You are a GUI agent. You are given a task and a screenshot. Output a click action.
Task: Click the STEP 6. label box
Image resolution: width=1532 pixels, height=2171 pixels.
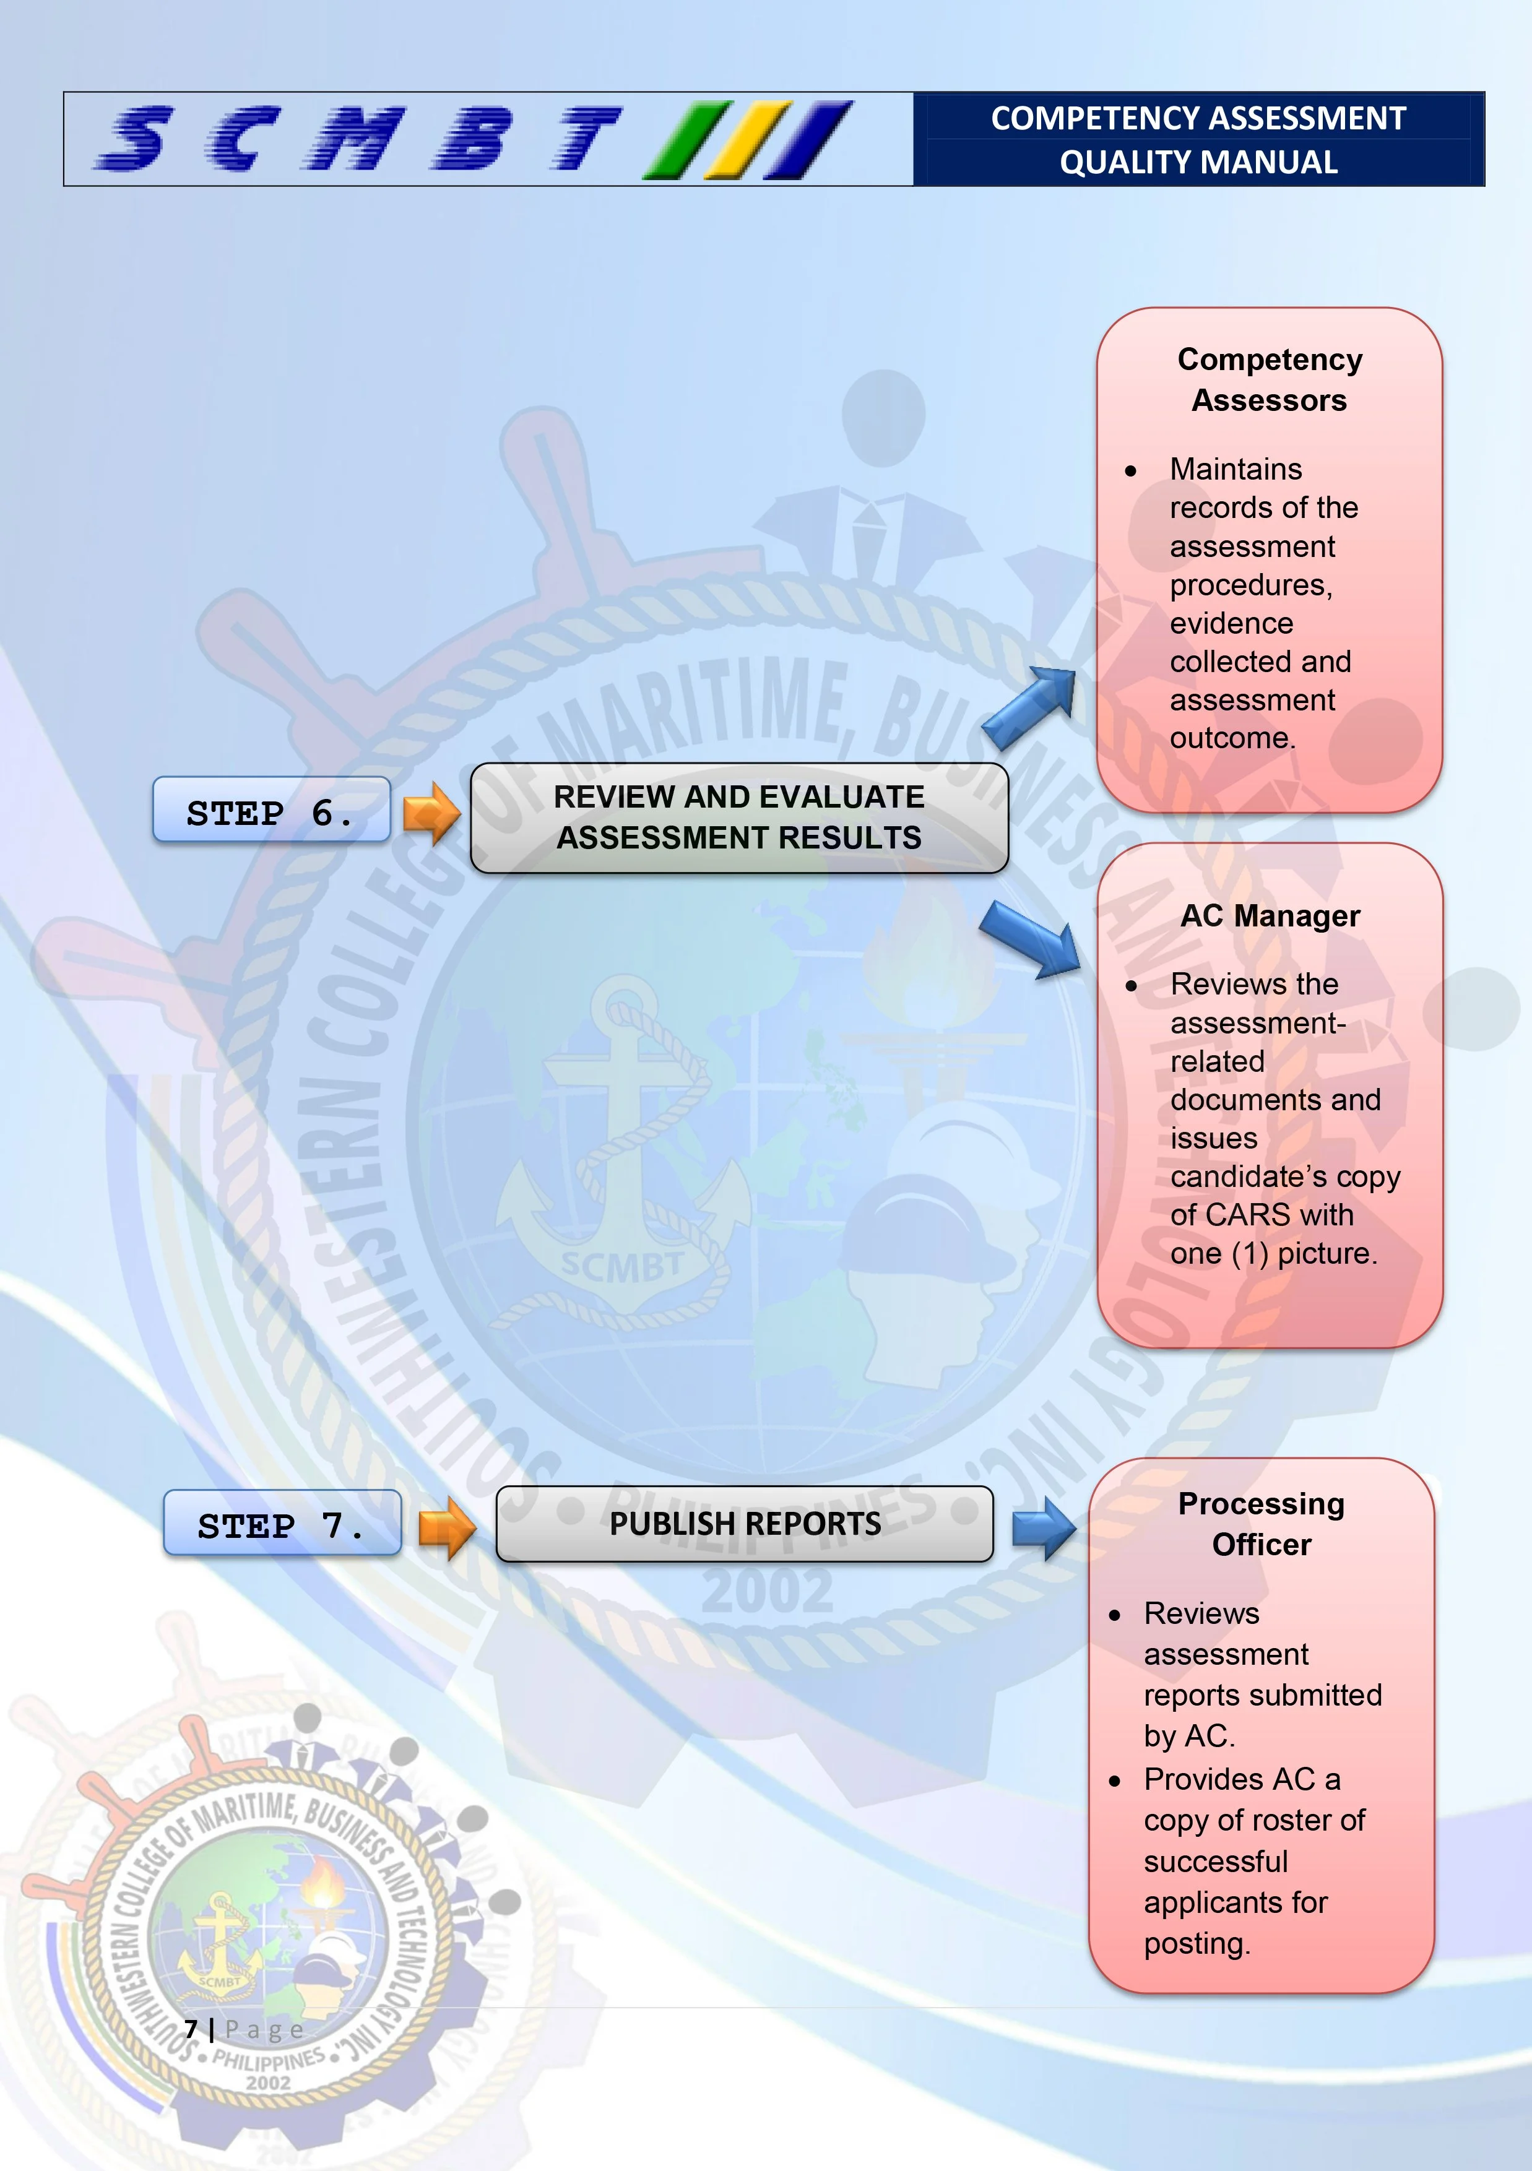(x=271, y=810)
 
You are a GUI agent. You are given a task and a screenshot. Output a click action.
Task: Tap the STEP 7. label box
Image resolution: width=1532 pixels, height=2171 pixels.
(x=282, y=1523)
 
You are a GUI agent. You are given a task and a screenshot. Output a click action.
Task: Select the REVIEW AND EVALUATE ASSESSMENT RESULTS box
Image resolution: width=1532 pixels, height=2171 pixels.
(x=738, y=817)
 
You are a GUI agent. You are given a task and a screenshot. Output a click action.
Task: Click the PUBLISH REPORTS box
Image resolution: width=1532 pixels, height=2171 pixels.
(x=744, y=1523)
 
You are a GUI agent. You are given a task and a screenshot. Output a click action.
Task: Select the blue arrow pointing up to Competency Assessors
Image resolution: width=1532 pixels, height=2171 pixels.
(x=1031, y=706)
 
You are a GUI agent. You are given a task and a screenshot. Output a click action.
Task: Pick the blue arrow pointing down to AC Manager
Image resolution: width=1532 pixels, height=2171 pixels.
(x=1031, y=938)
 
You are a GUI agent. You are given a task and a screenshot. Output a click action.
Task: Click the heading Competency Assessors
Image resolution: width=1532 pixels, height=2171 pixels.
(x=1269, y=379)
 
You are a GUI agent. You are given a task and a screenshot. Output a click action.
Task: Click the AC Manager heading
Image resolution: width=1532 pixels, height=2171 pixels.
(x=1270, y=915)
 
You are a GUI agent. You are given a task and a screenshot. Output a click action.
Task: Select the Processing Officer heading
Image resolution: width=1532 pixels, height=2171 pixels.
(x=1262, y=1523)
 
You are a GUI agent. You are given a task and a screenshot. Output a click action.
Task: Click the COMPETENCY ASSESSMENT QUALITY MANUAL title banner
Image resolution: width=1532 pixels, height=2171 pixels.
(x=1198, y=140)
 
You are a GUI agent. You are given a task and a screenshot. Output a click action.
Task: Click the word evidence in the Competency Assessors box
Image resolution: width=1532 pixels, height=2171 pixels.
(x=1231, y=623)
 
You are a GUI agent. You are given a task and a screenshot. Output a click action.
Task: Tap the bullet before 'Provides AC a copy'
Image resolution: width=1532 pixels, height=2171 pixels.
(x=1115, y=1780)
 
